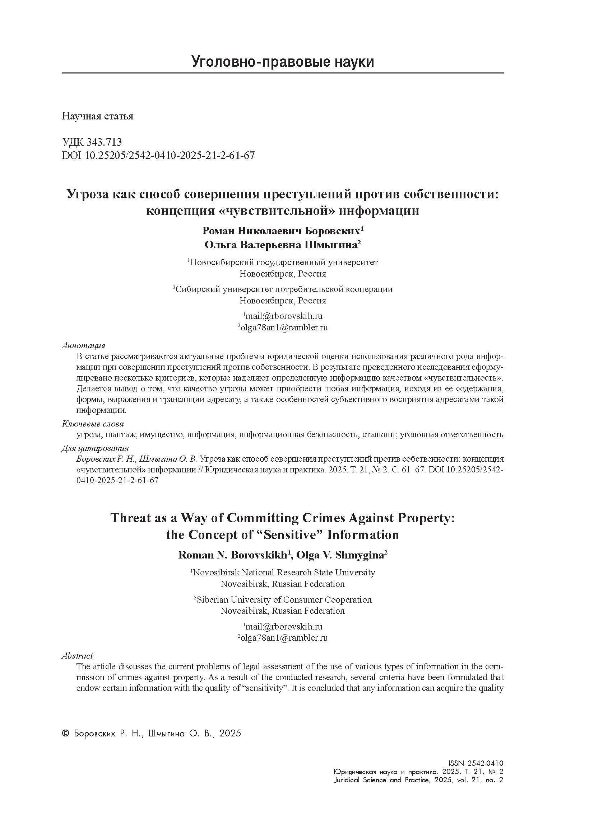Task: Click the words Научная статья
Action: click(x=97, y=116)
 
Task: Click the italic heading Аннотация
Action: click(x=83, y=346)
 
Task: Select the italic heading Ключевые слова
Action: click(x=93, y=424)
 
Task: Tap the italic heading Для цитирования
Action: click(x=95, y=448)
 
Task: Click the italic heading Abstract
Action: click(x=77, y=656)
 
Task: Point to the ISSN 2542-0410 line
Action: click(x=475, y=763)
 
